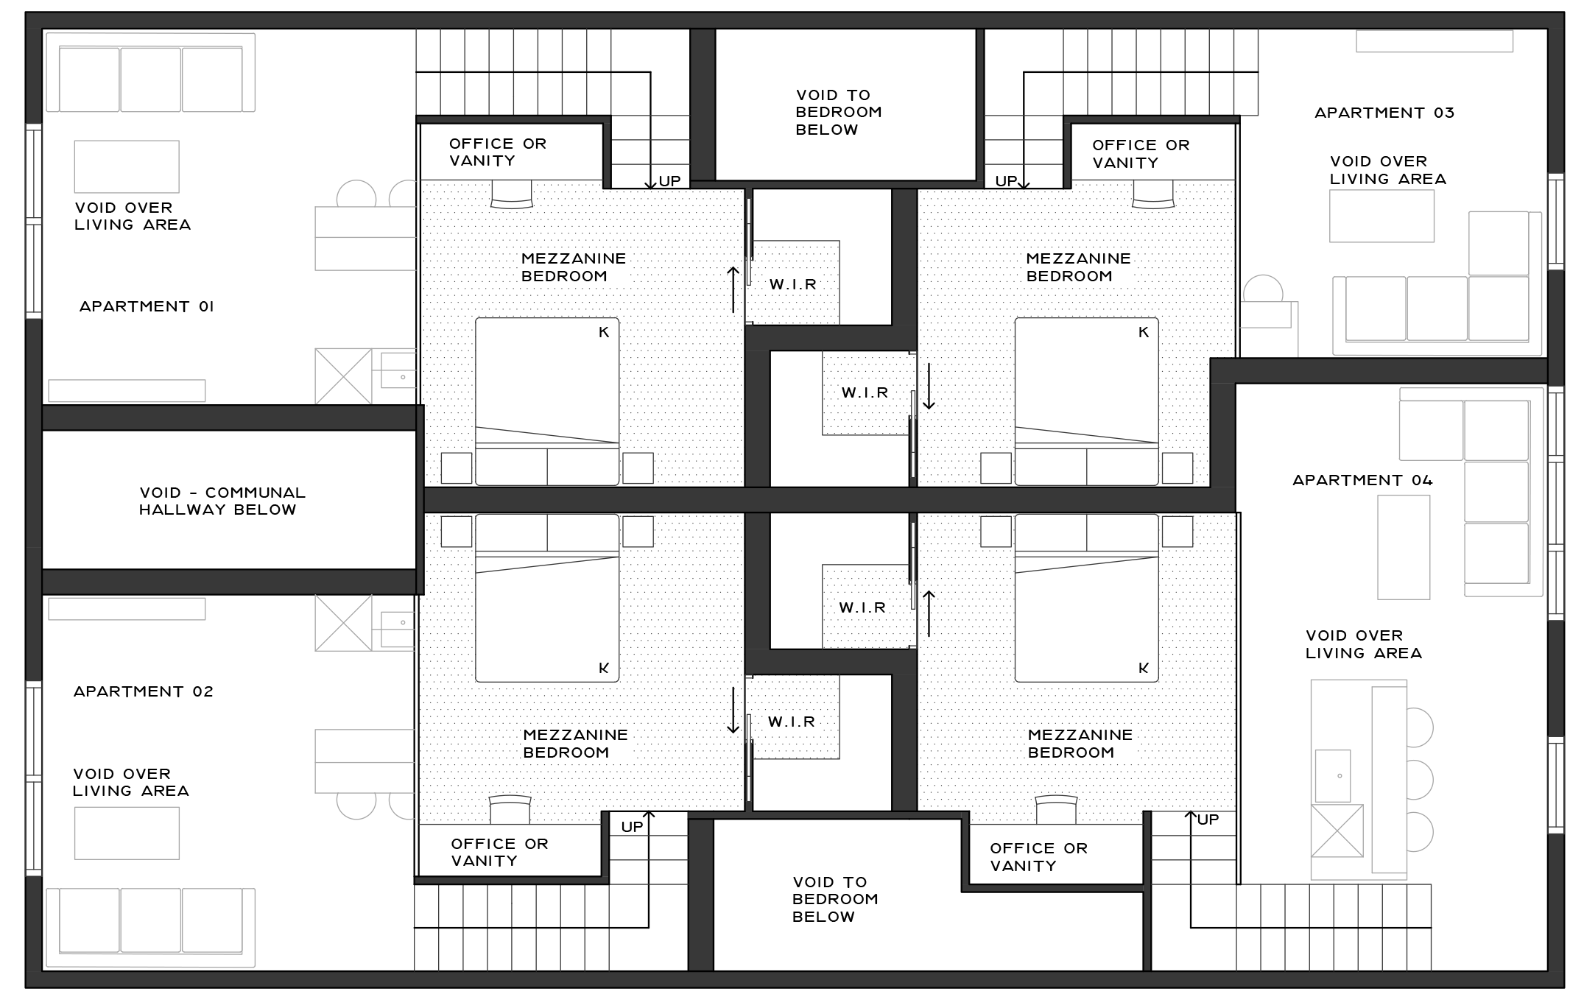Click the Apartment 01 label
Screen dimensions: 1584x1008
(x=147, y=306)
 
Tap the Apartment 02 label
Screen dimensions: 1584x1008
(x=144, y=691)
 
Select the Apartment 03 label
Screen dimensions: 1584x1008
(x=1384, y=113)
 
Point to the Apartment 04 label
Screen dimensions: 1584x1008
(x=1362, y=480)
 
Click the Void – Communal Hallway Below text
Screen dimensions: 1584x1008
(x=222, y=501)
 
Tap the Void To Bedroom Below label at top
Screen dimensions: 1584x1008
(x=839, y=112)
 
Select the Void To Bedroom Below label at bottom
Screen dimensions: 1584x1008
(x=835, y=899)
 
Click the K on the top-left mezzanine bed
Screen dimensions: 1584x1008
(x=604, y=332)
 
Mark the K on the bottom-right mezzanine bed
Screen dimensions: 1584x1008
(x=1144, y=668)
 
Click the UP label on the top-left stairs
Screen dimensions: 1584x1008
(x=669, y=181)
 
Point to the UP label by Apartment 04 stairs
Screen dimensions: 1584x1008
(x=1208, y=820)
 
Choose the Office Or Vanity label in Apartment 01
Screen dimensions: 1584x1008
(x=498, y=152)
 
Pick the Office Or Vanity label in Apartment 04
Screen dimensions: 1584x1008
(x=1038, y=857)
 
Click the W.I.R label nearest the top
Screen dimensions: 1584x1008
(x=793, y=284)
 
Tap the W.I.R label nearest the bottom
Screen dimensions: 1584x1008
(x=792, y=722)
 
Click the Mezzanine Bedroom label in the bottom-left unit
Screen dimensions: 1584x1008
(x=575, y=744)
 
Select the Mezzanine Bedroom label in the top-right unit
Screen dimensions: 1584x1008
(x=1078, y=267)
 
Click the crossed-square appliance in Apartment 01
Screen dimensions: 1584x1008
(x=343, y=376)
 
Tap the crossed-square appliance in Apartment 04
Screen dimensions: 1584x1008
(x=1337, y=831)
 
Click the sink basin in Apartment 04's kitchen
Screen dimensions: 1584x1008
(x=1333, y=776)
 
